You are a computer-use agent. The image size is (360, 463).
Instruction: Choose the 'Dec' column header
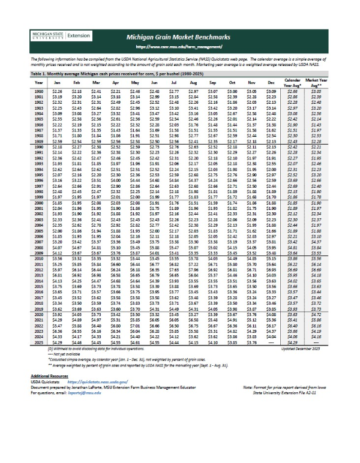point(270,82)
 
